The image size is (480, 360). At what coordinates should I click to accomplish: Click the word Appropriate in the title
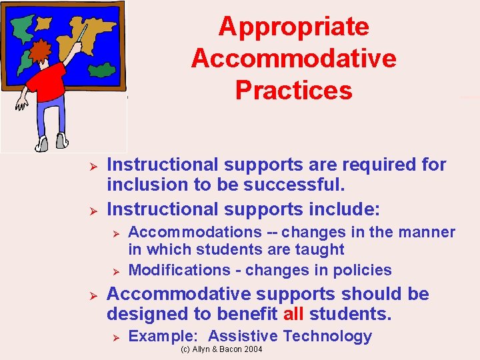tap(293, 27)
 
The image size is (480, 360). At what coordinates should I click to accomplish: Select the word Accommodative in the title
tap(293, 59)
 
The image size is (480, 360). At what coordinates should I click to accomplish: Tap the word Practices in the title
tap(293, 91)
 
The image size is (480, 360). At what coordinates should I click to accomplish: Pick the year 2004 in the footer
tap(253, 349)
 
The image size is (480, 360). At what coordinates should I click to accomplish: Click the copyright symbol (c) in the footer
tap(185, 349)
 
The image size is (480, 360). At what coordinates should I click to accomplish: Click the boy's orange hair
tap(41, 51)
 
